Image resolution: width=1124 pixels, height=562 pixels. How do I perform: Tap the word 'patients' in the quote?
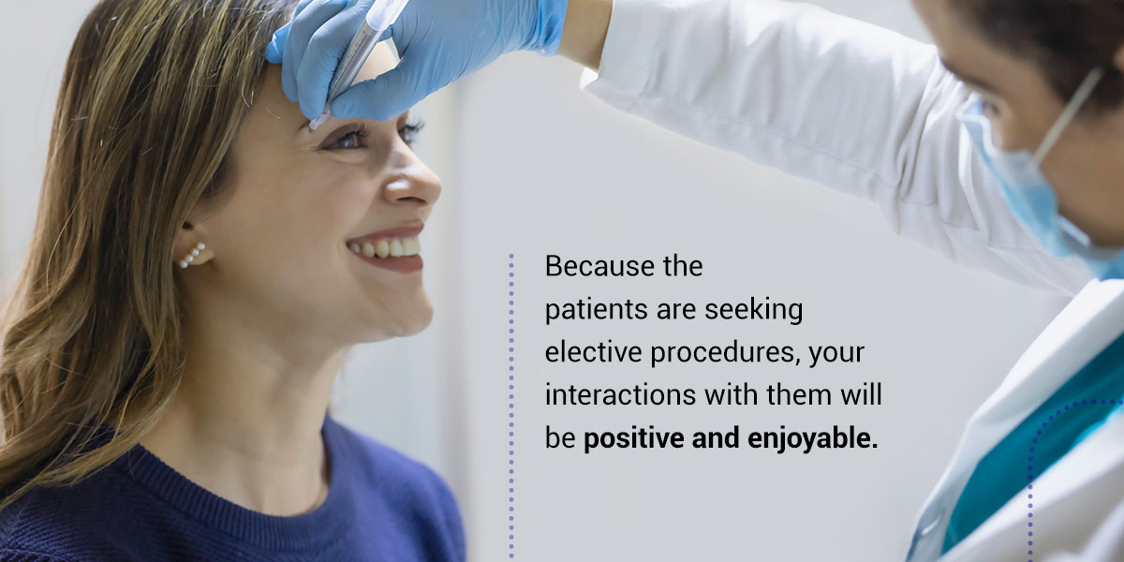pyautogui.click(x=596, y=310)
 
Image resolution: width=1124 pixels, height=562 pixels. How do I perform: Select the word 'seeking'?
pyautogui.click(x=754, y=310)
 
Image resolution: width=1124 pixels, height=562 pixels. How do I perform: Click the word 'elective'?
pyautogui.click(x=593, y=352)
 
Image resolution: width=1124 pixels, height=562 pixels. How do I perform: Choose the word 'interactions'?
pyautogui.click(x=620, y=395)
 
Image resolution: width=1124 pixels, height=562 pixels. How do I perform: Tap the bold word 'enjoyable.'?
pyautogui.click(x=813, y=439)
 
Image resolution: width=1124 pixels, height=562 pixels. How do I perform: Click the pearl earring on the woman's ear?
pyautogui.click(x=192, y=256)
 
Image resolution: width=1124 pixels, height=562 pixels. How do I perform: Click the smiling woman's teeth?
pyautogui.click(x=386, y=248)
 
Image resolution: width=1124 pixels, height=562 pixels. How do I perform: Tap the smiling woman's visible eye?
pyautogui.click(x=349, y=138)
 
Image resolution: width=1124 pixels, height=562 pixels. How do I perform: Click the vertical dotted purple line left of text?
pyautogui.click(x=511, y=406)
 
